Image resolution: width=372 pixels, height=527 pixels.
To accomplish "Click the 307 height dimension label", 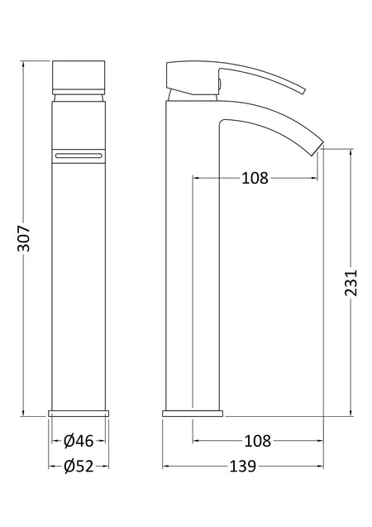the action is (x=24, y=238).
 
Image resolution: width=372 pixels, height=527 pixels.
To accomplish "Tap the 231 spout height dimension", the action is (x=351, y=282).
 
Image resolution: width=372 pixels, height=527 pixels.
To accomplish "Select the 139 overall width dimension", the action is (x=243, y=466).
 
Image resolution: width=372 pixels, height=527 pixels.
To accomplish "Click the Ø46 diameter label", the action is (x=79, y=441).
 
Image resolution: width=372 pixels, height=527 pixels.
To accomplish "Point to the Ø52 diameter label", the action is (x=79, y=466).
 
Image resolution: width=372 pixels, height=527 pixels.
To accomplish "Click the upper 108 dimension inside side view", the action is (x=255, y=178).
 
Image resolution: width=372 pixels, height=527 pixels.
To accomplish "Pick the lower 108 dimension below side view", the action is (x=258, y=441).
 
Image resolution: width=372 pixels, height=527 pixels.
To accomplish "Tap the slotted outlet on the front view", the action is (x=79, y=156).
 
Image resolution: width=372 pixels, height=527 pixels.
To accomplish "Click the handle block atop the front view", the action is (x=79, y=78).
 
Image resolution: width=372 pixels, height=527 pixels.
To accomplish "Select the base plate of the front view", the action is (x=79, y=414).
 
